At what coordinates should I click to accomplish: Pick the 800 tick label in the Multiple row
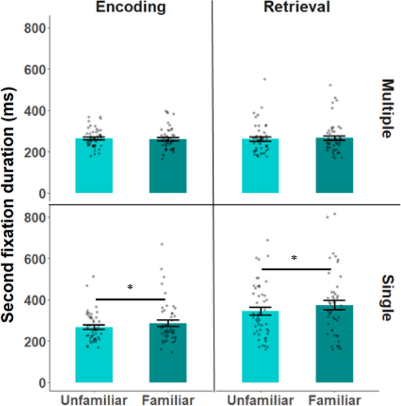[35, 27]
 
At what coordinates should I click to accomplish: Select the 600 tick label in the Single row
[35, 259]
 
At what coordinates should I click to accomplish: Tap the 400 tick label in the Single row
[35, 300]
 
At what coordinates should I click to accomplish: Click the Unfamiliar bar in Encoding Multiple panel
[94, 170]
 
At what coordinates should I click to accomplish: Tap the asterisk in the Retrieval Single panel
[295, 258]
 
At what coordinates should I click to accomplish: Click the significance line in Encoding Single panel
[130, 299]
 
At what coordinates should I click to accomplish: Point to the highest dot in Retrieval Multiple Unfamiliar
[264, 79]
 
